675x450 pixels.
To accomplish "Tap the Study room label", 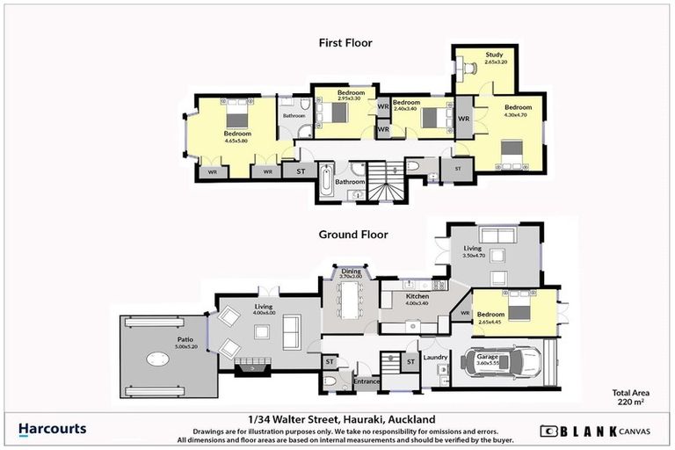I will pos(495,56).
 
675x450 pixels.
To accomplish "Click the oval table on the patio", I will pos(158,358).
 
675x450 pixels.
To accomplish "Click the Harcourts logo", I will pos(53,429).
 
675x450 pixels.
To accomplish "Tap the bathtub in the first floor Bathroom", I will pos(327,182).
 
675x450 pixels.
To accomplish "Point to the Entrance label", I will pos(366,381).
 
